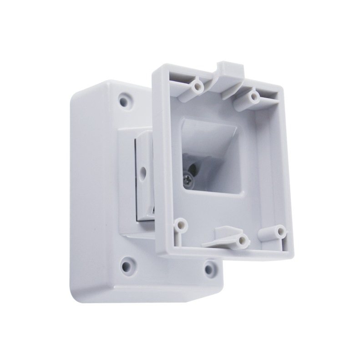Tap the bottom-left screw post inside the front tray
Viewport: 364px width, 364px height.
pos(182,225)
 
